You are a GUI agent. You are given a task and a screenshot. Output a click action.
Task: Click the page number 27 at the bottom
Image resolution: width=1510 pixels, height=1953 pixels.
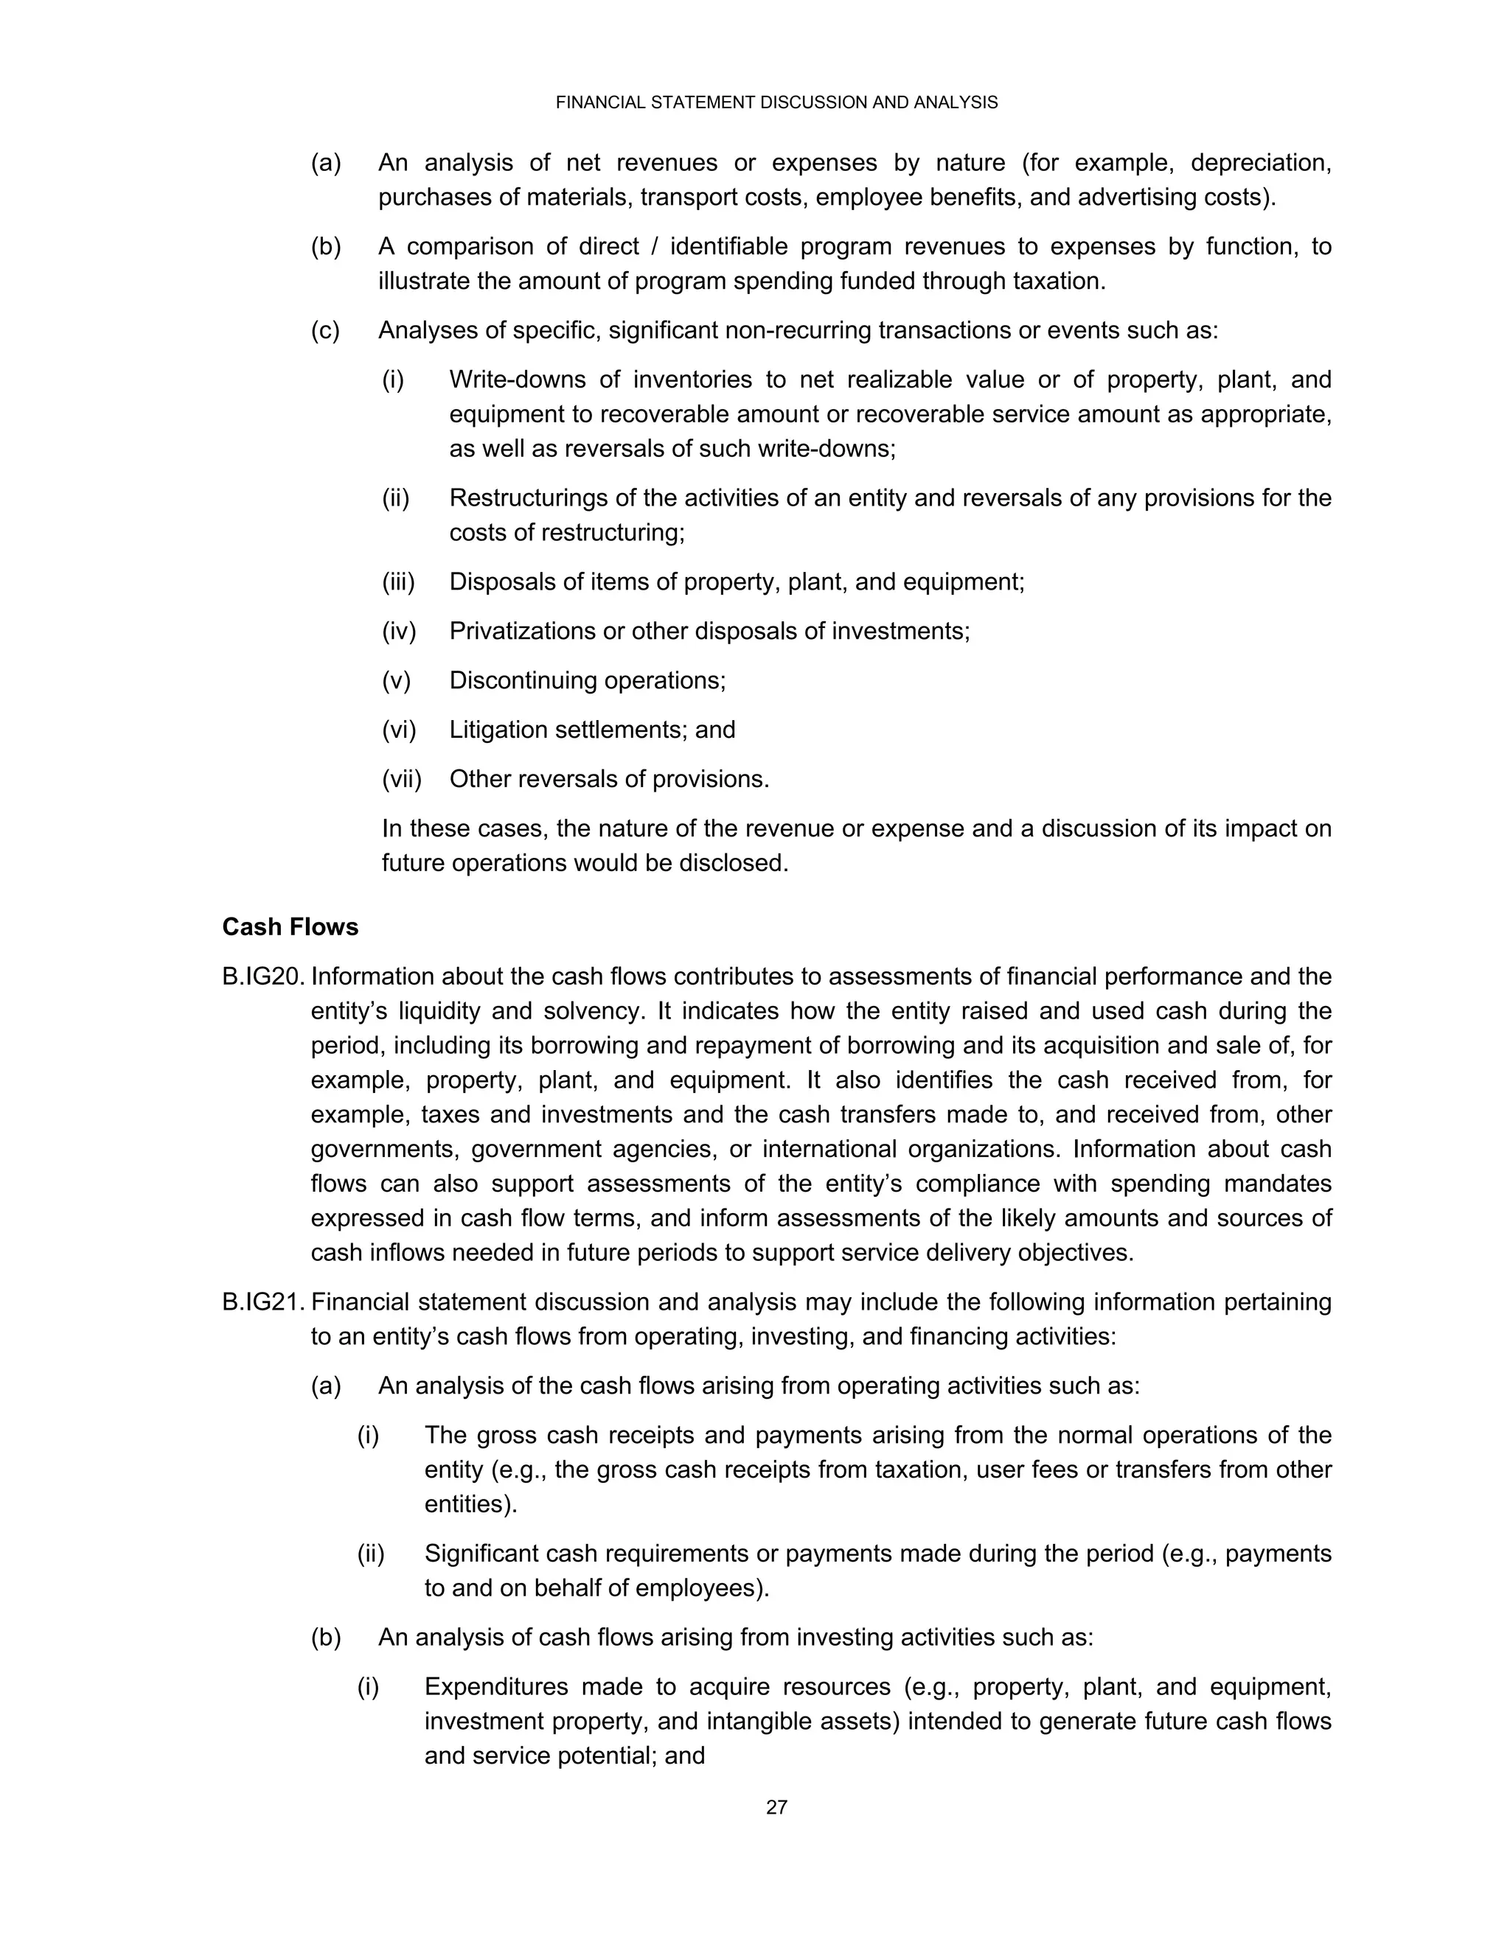776,1807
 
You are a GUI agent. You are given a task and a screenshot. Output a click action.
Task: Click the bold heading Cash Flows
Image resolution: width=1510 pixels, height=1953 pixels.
290,927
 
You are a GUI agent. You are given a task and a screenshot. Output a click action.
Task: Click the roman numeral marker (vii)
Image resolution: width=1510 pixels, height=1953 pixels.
402,779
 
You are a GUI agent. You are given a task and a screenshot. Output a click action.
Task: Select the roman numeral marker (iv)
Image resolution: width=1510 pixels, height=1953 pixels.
399,632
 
